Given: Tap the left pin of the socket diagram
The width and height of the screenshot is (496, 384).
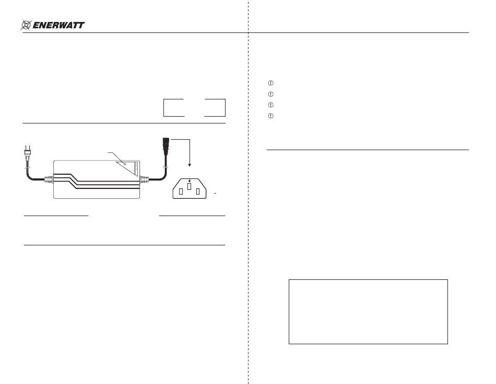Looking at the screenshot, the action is point(181,191).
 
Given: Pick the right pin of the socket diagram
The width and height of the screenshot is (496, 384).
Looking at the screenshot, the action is point(197,191).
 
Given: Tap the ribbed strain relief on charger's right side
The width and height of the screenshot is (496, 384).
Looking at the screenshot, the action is point(146,180).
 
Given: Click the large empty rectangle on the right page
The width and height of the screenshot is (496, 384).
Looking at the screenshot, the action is point(368,311).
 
